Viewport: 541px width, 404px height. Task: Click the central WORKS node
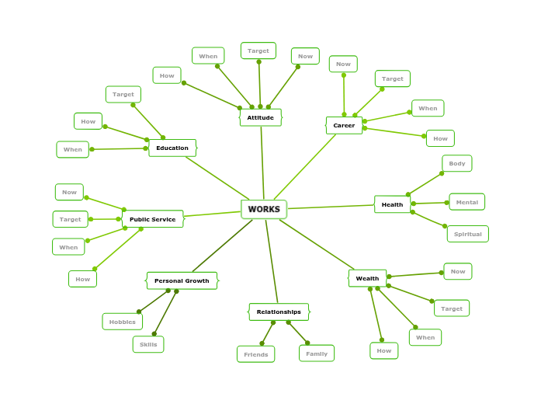tap(264, 210)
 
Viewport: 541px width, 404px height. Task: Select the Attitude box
tap(261, 117)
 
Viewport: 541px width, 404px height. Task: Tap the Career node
tap(344, 125)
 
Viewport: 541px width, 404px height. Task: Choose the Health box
tap(392, 204)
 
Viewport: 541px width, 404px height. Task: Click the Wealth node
tap(367, 278)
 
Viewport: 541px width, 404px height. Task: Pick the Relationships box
tap(279, 312)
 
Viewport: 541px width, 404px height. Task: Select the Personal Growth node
tap(182, 280)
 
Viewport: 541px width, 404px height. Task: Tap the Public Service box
tap(152, 219)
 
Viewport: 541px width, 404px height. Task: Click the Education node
tap(172, 148)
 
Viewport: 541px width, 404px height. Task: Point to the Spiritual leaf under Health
tap(467, 234)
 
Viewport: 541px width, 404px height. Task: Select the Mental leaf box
tap(466, 202)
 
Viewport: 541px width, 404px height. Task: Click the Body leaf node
tap(457, 163)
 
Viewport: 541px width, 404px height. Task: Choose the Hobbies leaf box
tap(122, 322)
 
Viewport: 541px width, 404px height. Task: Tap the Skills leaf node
tap(148, 344)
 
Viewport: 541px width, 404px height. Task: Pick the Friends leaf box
tap(255, 354)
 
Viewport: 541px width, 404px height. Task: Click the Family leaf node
tap(317, 353)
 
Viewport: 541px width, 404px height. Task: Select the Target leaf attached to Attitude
tap(258, 50)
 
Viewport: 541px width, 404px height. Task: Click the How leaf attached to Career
tap(440, 138)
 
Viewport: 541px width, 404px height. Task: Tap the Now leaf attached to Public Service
tap(69, 192)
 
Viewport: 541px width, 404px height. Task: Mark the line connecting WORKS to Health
tap(331, 207)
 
